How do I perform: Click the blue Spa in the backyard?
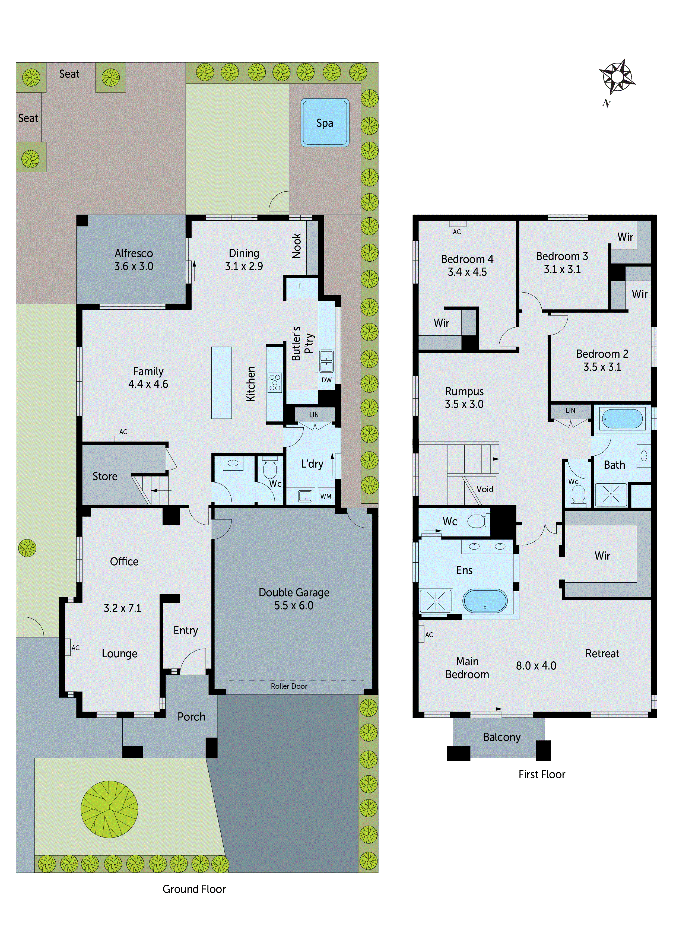(x=325, y=123)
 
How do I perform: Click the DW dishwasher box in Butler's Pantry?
(x=326, y=380)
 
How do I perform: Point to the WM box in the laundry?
(x=326, y=496)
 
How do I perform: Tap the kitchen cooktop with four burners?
(x=275, y=382)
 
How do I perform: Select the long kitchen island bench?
(x=221, y=382)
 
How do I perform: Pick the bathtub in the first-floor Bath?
(x=623, y=419)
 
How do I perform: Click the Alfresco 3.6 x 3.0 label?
(x=134, y=259)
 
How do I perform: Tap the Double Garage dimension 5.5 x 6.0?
(x=294, y=605)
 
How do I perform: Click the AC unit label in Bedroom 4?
(x=457, y=231)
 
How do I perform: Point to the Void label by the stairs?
(x=485, y=489)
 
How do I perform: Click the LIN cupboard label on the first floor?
(x=570, y=411)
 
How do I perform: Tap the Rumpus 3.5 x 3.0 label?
(x=464, y=398)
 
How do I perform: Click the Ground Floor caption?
(x=194, y=889)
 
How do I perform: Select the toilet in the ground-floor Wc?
(x=270, y=469)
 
